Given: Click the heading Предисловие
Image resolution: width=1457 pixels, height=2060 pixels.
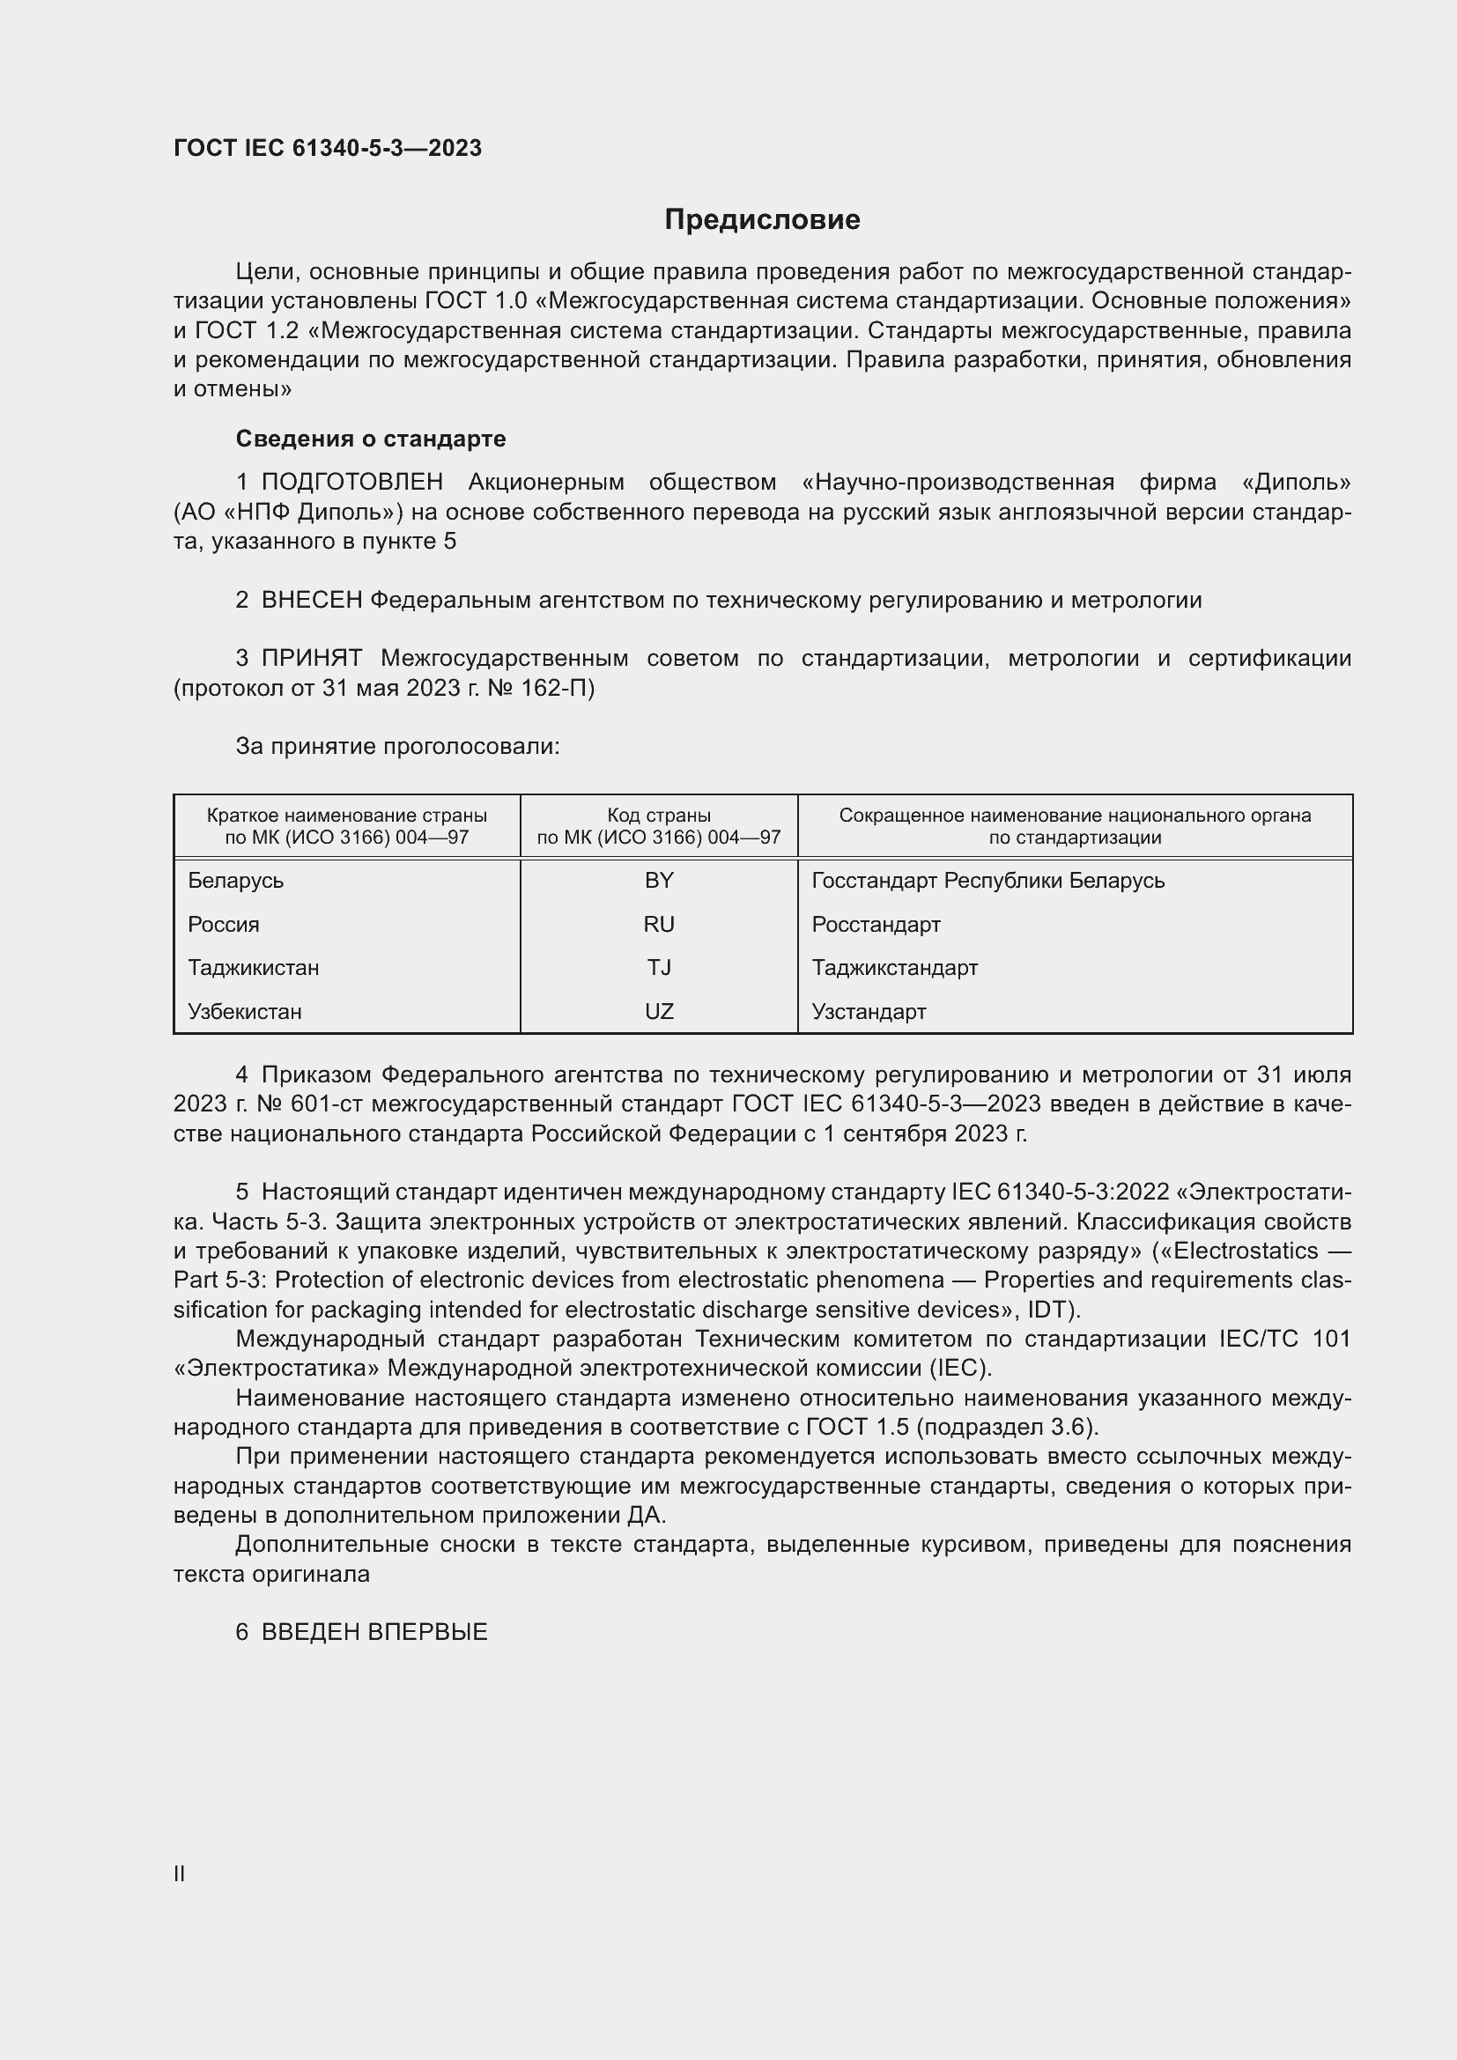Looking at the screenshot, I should pyautogui.click(x=762, y=219).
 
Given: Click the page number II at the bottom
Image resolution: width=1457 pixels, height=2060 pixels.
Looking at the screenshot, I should pyautogui.click(x=180, y=1873).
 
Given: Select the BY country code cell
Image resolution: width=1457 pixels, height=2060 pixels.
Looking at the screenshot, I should pyautogui.click(x=659, y=880).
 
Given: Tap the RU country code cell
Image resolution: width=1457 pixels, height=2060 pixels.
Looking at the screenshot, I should pyautogui.click(x=659, y=924).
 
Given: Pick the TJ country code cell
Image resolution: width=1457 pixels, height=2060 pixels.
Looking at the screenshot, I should pyautogui.click(x=659, y=967).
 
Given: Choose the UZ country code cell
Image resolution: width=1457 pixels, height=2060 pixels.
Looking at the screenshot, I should pyautogui.click(x=659, y=1011).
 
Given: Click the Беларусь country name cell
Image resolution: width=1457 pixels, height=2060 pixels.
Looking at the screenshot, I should pyautogui.click(x=236, y=880).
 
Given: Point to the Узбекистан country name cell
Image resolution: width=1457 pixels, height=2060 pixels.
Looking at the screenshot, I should pyautogui.click(x=245, y=1011).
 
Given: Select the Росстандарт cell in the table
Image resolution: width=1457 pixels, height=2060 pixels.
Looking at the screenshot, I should pyautogui.click(x=876, y=924).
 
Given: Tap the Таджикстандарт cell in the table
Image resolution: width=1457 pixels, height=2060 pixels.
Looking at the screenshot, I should pyautogui.click(x=894, y=967).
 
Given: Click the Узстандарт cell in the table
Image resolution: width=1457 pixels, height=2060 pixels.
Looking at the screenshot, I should pyautogui.click(x=869, y=1011).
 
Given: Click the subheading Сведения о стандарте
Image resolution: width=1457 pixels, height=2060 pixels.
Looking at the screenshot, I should pyautogui.click(x=371, y=439).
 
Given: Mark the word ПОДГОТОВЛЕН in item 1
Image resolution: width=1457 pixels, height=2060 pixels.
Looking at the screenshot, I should pyautogui.click(x=351, y=482).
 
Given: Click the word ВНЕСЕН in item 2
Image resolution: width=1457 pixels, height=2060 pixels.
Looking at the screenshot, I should pyautogui.click(x=311, y=601).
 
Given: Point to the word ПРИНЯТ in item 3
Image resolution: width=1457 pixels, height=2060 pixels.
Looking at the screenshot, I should pyautogui.click(x=311, y=659).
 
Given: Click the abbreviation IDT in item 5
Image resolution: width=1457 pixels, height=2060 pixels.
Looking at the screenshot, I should pyautogui.click(x=1051, y=1309).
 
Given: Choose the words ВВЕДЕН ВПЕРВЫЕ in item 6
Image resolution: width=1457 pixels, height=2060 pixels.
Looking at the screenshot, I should pyautogui.click(x=374, y=1632).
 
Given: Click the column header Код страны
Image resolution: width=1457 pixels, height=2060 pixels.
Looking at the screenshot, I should pyautogui.click(x=659, y=815).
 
